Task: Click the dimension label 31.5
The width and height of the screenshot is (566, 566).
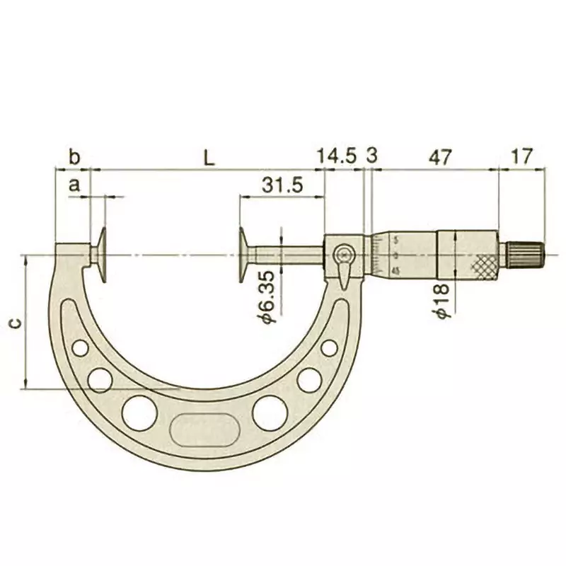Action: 282,185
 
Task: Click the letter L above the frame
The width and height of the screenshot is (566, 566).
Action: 208,158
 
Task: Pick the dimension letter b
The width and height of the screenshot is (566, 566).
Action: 74,157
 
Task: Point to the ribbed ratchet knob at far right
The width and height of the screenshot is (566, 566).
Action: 524,254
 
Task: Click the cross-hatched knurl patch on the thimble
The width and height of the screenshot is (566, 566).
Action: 484,264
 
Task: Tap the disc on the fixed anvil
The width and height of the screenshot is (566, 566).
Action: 103,254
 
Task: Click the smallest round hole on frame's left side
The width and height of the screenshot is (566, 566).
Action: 81,348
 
